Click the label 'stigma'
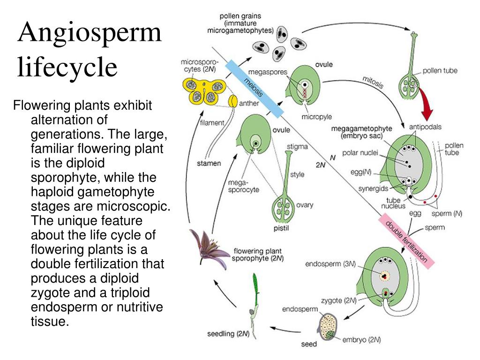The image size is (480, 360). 297,147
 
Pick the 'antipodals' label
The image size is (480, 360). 425,127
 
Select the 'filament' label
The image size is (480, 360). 212,123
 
